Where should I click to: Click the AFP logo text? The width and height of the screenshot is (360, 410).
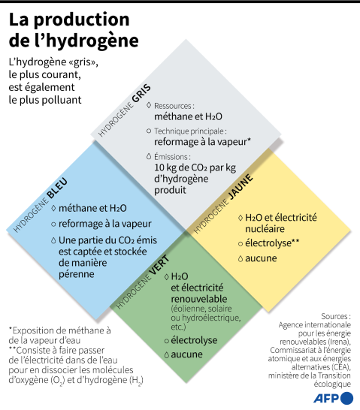tap(326, 399)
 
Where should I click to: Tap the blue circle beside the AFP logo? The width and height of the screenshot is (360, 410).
tap(347, 398)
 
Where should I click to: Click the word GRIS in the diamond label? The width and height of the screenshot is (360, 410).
tap(141, 93)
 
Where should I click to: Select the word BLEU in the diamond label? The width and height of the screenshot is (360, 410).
tap(57, 188)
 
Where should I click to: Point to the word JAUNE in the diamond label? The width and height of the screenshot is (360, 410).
tap(241, 186)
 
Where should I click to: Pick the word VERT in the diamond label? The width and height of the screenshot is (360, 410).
tap(159, 265)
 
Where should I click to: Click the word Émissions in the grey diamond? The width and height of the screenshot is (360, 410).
tap(171, 157)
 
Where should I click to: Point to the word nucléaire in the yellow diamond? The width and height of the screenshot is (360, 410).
tap(265, 229)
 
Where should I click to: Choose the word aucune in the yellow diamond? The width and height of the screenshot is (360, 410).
tap(261, 258)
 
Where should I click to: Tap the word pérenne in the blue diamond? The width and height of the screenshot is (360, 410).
tap(77, 274)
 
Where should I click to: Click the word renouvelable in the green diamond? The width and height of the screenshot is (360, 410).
tap(199, 299)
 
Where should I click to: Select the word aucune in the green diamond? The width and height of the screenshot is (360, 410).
tap(187, 354)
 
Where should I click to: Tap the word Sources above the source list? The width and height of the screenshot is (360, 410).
tap(333, 316)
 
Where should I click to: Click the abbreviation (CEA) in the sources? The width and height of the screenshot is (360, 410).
tap(341, 367)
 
